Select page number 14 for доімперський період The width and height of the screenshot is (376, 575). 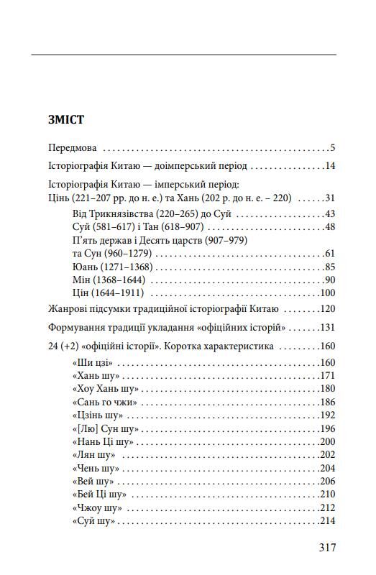(330, 166)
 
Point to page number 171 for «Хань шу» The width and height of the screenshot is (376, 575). (328, 376)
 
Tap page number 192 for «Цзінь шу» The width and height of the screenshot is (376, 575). (328, 415)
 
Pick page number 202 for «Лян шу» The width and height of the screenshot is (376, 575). (328, 455)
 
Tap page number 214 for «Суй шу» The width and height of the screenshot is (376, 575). (328, 521)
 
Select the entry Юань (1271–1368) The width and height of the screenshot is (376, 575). (107, 267)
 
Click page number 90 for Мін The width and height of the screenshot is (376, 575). (330, 280)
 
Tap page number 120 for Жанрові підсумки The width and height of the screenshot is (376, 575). (328, 310)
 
